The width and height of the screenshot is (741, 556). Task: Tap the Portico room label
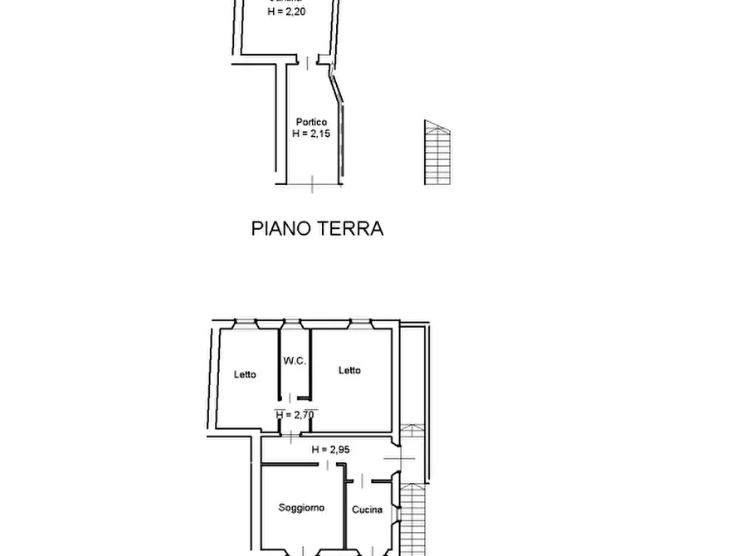pos(311,122)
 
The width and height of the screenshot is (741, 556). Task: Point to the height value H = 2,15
pos(311,133)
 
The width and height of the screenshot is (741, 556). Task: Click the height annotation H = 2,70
pos(296,414)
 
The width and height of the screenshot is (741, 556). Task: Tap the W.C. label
pos(295,361)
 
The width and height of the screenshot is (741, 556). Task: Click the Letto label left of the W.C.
pos(245,374)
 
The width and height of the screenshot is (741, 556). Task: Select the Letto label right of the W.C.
pos(349,371)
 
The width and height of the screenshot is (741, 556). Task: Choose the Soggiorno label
pos(301,508)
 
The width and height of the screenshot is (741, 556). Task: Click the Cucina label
pos(367,510)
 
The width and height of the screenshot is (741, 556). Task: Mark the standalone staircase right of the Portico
pos(437,154)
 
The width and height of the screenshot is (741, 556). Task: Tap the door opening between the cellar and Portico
pos(308,62)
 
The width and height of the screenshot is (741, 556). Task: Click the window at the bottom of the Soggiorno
pos(303,552)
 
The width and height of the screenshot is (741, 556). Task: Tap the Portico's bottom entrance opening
pos(312,183)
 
